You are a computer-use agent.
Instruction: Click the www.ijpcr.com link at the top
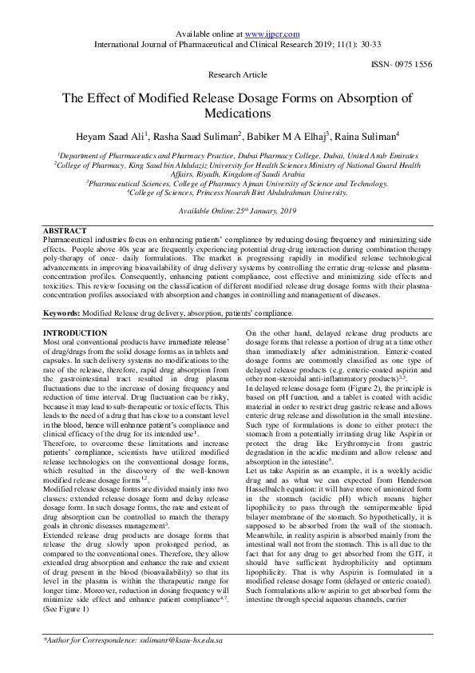[x=271, y=34]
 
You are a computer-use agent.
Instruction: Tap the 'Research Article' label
[x=237, y=74]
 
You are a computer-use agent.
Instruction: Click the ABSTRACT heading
[x=64, y=230]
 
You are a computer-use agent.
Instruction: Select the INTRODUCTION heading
[x=74, y=333]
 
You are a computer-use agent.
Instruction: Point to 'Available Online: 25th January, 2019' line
[x=236, y=209]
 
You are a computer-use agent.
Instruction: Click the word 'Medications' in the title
[x=237, y=114]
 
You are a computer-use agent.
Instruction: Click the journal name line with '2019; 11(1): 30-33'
[x=237, y=44]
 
